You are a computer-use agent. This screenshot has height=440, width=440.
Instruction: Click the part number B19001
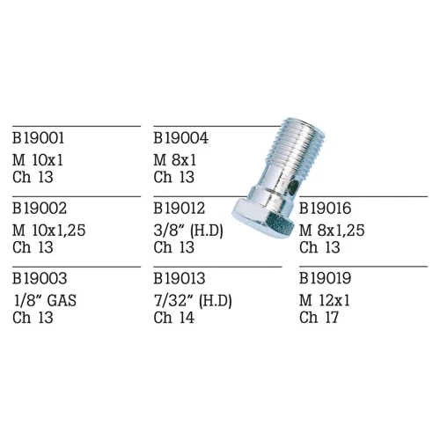(38, 138)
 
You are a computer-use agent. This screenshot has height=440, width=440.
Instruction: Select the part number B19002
(40, 209)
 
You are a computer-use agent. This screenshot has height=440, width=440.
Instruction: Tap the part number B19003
(40, 278)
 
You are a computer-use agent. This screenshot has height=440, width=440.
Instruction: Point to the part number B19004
(180, 138)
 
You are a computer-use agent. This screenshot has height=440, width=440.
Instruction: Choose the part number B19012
(180, 209)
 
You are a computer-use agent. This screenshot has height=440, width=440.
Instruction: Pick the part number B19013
(180, 278)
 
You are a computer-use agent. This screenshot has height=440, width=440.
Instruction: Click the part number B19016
(325, 209)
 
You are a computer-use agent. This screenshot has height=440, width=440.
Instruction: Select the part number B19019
(325, 278)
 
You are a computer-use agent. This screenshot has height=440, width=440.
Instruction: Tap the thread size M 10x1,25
(48, 231)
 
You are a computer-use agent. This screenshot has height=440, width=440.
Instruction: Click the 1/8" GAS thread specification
(45, 301)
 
